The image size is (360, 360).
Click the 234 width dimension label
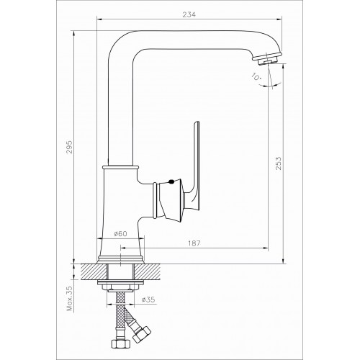[189, 14]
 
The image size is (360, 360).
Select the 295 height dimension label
[69, 147]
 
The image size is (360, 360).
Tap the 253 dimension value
[278, 163]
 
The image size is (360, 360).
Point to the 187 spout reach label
[194, 243]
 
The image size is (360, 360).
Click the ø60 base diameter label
[120, 233]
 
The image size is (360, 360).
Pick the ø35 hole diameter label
[148, 300]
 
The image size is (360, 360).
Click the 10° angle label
[256, 76]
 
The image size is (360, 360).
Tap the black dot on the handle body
[171, 182]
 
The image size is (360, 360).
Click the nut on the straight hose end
[121, 343]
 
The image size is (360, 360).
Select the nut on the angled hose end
[142, 333]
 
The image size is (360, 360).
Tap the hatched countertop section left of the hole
[94, 271]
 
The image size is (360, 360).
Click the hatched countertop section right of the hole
[148, 271]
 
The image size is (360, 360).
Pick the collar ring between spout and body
[120, 167]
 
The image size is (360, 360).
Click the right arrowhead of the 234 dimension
[279, 19]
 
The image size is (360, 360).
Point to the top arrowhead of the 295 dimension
[74, 33]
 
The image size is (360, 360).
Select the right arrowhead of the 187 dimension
[265, 248]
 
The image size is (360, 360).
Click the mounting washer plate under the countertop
[120, 282]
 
